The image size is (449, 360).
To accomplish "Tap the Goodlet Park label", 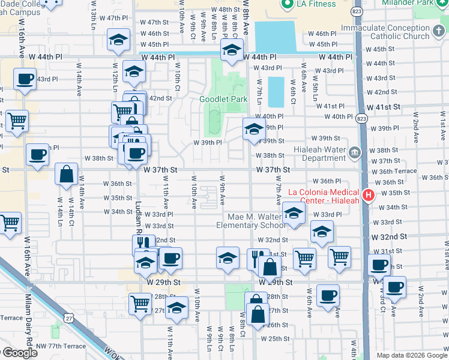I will click(x=223, y=100).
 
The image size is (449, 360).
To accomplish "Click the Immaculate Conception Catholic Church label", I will click(x=385, y=32).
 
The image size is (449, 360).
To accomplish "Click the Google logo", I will click(x=19, y=353).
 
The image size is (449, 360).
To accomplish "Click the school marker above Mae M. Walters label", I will click(x=294, y=214).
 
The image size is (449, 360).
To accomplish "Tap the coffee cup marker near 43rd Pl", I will click(x=25, y=80).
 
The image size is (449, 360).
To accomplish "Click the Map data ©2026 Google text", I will click(x=412, y=355).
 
